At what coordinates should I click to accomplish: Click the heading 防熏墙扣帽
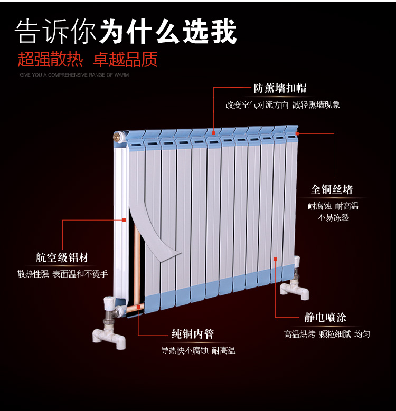click(x=280, y=88)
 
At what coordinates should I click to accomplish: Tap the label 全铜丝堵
click(x=332, y=189)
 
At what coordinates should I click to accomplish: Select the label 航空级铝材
click(x=62, y=258)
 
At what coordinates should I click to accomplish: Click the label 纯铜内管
click(x=193, y=334)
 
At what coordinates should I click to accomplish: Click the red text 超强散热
click(x=50, y=59)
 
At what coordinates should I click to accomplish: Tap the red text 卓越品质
click(x=125, y=59)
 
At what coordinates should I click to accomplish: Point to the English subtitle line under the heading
click(x=74, y=75)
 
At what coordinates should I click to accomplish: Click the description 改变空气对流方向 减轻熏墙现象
click(x=282, y=104)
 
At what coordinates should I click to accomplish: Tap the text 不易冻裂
click(x=333, y=218)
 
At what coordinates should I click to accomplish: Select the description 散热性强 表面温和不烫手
click(x=62, y=274)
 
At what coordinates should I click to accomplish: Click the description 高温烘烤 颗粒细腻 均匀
click(x=327, y=334)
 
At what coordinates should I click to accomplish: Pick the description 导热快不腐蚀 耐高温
click(x=198, y=350)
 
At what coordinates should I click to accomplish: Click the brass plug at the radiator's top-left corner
click(x=116, y=137)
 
